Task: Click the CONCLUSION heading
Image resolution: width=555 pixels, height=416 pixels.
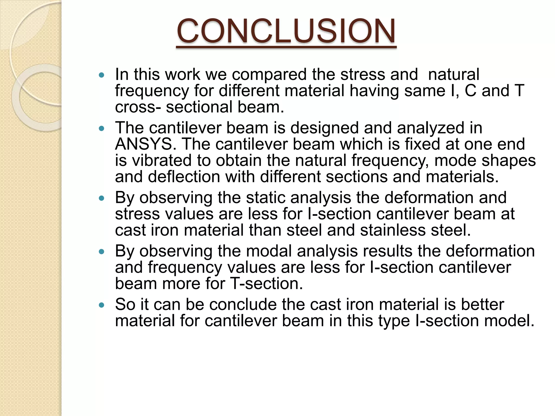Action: pos(286,31)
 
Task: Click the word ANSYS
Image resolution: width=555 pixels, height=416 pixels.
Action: pos(144,144)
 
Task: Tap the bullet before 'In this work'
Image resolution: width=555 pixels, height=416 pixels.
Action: pos(102,75)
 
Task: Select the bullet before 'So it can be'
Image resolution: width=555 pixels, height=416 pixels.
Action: pos(102,305)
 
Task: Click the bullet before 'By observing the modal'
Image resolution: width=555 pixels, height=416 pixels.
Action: pos(102,252)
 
